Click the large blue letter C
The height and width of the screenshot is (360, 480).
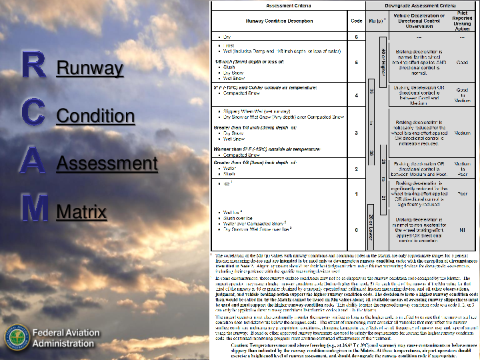(x=33, y=113)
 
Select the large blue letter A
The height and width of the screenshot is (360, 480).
(x=33, y=161)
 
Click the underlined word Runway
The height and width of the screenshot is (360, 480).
(x=90, y=68)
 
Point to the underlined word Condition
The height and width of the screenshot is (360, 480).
(x=95, y=116)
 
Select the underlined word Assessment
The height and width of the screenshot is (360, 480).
(x=107, y=163)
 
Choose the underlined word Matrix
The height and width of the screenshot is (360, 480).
(x=81, y=212)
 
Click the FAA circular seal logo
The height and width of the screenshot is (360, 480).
(x=17, y=337)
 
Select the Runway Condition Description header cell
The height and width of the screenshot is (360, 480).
(x=278, y=21)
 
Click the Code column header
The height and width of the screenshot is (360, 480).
(x=357, y=21)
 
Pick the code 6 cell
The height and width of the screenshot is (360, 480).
(x=357, y=36)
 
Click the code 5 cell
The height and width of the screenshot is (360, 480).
(x=357, y=61)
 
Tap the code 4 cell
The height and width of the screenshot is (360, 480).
(x=357, y=95)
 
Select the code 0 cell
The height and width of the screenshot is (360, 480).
(x=357, y=229)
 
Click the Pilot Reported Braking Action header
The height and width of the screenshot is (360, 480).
(x=462, y=21)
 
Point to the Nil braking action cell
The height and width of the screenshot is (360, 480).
(x=462, y=229)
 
